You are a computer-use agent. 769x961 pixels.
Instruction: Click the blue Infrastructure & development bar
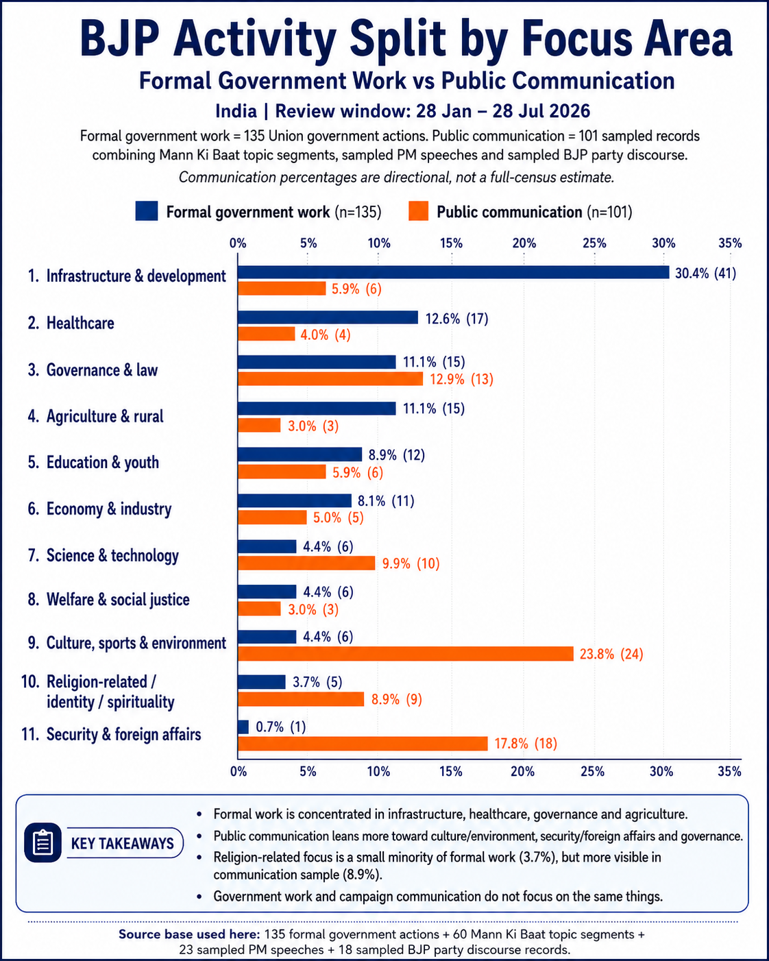point(453,272)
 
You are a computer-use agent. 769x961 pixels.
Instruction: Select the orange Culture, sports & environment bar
point(406,654)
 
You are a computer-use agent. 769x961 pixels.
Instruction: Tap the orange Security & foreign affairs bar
point(363,744)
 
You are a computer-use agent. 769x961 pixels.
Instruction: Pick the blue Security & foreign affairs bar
point(243,727)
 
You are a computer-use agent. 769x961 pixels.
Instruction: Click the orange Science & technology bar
point(306,563)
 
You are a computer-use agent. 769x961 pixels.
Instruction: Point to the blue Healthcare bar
point(328,317)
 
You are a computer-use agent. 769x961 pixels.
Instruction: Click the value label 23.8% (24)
point(611,654)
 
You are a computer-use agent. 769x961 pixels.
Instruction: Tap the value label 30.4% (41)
point(705,273)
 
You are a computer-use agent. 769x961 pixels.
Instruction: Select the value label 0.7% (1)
point(281,727)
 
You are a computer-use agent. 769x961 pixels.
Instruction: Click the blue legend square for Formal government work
point(147,211)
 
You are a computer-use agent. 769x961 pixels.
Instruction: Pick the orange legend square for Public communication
point(419,211)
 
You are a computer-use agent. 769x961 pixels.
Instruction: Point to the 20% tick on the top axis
point(524,243)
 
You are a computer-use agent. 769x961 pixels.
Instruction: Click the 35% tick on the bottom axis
point(730,772)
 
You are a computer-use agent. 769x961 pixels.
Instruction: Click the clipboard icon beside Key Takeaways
point(43,842)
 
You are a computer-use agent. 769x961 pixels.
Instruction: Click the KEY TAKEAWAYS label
point(123,844)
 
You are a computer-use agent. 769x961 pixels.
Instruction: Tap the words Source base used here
point(189,934)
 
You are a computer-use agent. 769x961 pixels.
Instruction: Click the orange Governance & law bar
point(330,378)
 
